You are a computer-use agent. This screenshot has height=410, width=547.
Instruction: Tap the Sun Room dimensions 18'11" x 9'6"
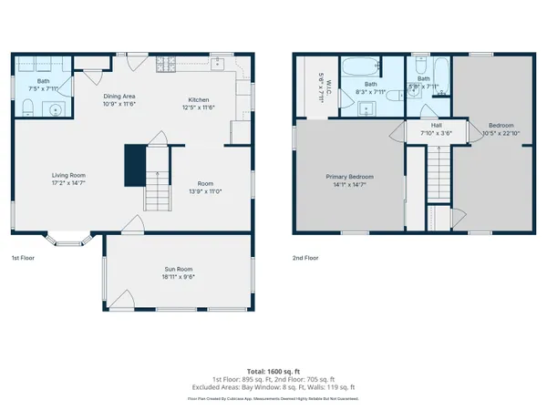(x=179, y=277)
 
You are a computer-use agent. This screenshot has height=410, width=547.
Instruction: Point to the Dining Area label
(x=119, y=96)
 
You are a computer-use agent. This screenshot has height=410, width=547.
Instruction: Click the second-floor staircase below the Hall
(x=439, y=174)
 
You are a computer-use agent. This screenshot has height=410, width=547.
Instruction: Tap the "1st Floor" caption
(x=22, y=258)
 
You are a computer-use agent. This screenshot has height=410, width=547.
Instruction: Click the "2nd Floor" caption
(x=305, y=258)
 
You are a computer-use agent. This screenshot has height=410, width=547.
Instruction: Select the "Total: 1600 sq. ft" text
(x=273, y=371)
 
